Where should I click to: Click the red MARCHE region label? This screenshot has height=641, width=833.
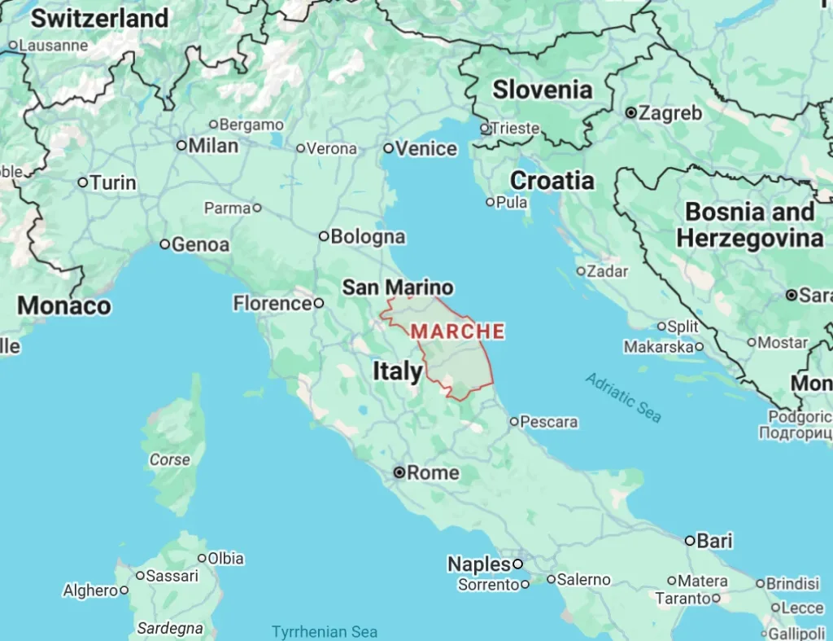[458, 331]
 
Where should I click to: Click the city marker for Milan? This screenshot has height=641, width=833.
[181, 146]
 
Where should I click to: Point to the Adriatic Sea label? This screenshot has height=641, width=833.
[623, 397]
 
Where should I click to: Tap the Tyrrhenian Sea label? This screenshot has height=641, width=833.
[325, 631]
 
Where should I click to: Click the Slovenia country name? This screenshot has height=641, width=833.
[543, 90]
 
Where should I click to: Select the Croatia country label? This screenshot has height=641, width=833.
[552, 181]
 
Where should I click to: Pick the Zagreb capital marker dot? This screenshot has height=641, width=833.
[630, 113]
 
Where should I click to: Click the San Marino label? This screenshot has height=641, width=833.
[398, 287]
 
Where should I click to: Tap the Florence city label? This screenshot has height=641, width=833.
[273, 304]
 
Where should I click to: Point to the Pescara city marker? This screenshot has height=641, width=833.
[514, 421]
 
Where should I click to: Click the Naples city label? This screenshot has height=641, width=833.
[479, 564]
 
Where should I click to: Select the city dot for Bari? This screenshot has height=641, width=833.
[690, 541]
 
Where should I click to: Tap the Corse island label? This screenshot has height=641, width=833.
[169, 460]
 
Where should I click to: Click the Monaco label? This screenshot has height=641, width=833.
[63, 306]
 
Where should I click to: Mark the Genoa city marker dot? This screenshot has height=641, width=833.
[165, 244]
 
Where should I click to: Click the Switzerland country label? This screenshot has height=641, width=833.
[100, 18]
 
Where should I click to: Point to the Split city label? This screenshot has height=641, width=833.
[683, 327]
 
